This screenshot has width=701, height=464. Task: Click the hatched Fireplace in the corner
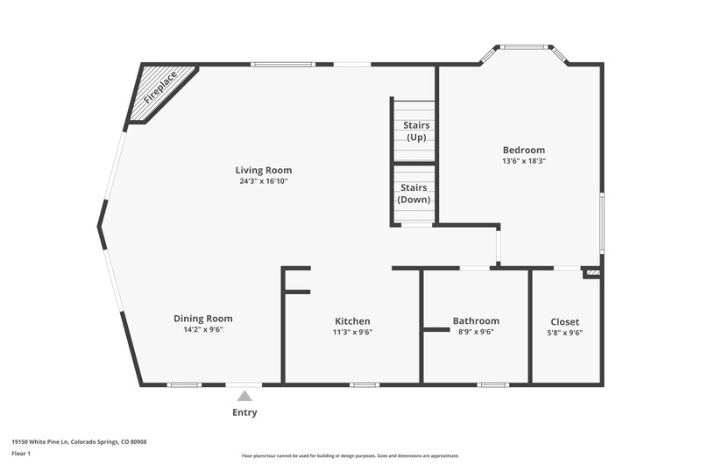(x=158, y=92)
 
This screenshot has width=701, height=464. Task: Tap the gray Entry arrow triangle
(x=244, y=396)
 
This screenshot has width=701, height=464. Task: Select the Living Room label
(x=264, y=170)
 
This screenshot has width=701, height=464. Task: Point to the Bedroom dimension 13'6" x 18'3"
(x=524, y=161)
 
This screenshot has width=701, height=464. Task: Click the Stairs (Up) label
(x=416, y=130)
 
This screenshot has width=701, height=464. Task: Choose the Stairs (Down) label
(x=414, y=193)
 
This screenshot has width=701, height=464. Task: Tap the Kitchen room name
(x=352, y=321)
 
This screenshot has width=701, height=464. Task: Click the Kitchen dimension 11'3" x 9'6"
(x=352, y=332)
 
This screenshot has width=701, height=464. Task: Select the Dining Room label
(x=203, y=319)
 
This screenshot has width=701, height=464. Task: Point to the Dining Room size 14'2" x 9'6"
(x=203, y=329)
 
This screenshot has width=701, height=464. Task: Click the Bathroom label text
(x=476, y=320)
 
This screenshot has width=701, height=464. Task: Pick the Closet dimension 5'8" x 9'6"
(x=564, y=333)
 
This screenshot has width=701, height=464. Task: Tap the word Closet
(x=564, y=321)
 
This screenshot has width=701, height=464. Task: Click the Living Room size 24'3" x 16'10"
(x=264, y=181)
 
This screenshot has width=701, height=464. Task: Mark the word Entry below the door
(x=244, y=412)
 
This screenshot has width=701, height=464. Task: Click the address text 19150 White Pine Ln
(x=39, y=442)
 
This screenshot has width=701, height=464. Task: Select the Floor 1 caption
(x=21, y=453)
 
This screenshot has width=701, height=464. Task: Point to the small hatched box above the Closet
(x=593, y=272)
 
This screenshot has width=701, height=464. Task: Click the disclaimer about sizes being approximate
(x=350, y=456)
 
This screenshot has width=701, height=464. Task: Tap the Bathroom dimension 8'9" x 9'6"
(x=476, y=332)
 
